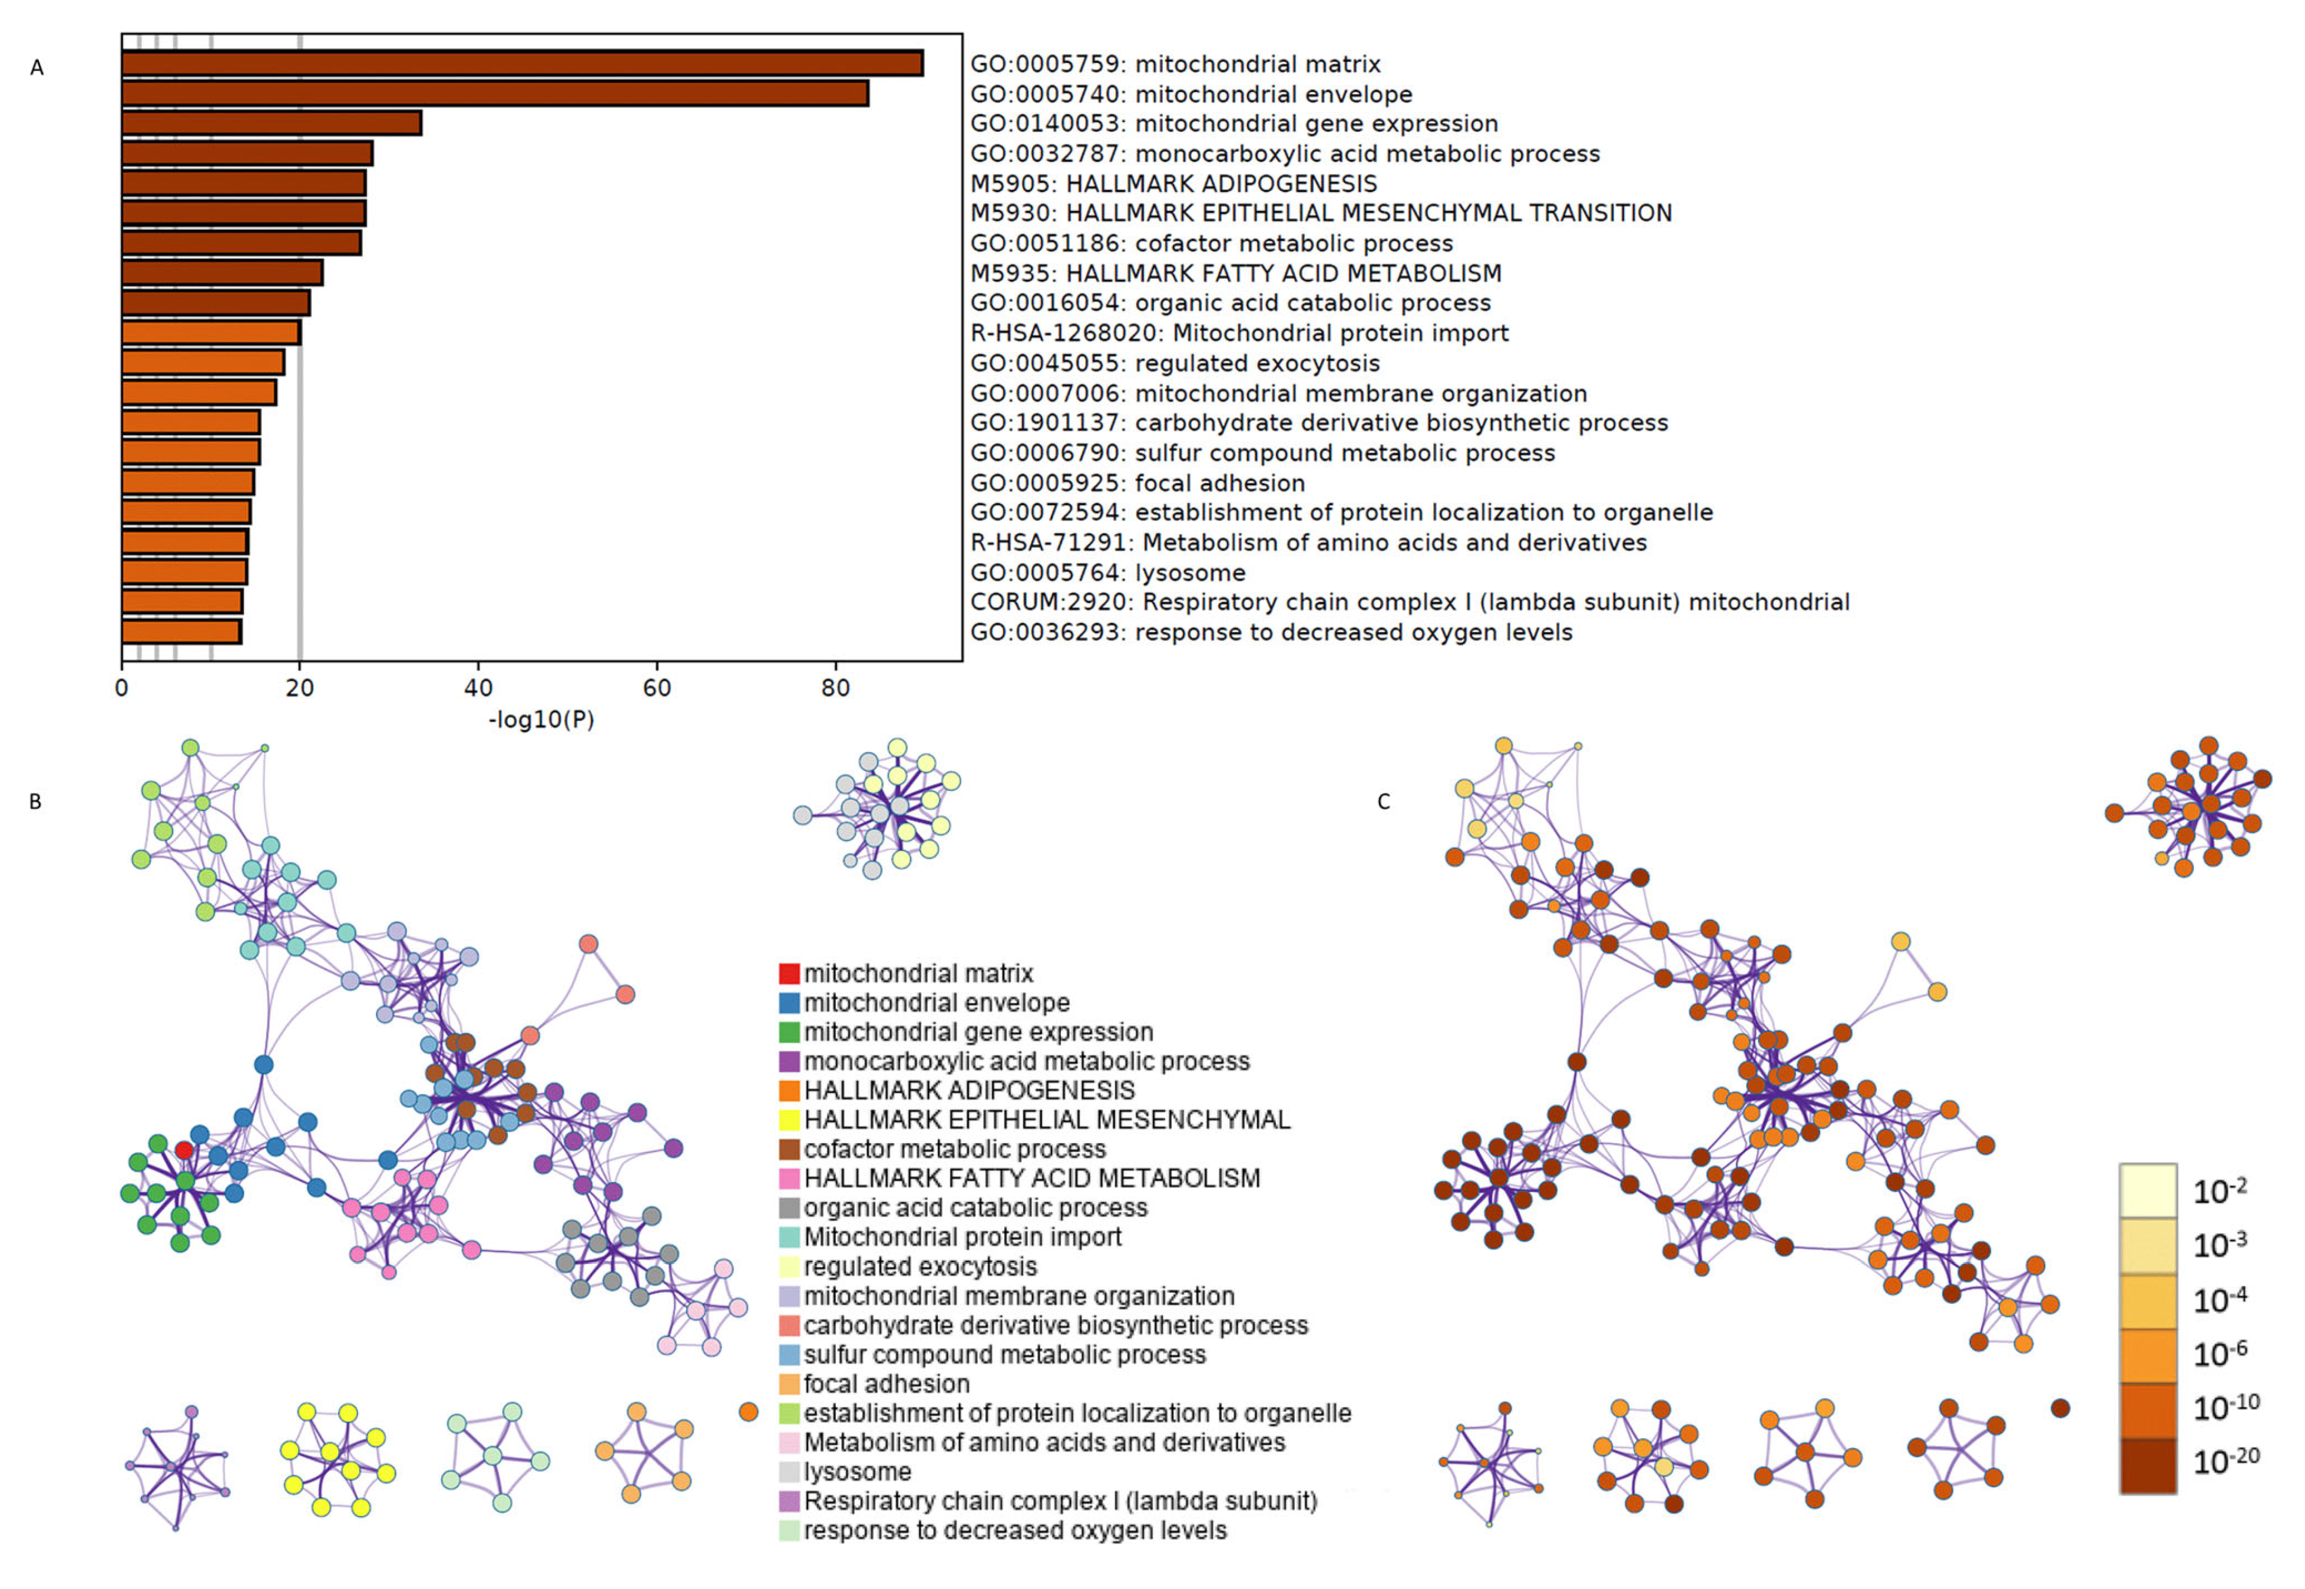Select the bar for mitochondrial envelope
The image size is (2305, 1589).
(x=495, y=94)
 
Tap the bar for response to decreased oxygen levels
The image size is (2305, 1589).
(x=181, y=631)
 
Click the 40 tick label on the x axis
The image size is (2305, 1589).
(x=478, y=688)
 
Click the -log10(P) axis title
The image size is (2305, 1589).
(x=541, y=720)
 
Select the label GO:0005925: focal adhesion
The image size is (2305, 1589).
(x=1137, y=483)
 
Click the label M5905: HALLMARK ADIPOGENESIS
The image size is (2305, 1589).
(x=1173, y=183)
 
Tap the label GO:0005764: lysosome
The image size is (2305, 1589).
(x=1107, y=572)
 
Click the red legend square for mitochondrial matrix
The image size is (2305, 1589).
(x=789, y=973)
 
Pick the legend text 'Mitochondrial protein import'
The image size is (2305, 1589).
(x=962, y=1237)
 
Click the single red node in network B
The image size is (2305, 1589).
(x=184, y=1150)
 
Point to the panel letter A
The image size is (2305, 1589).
(x=37, y=68)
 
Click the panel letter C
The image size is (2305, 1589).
(x=1383, y=802)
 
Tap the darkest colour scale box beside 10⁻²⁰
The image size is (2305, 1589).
(x=2148, y=1465)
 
